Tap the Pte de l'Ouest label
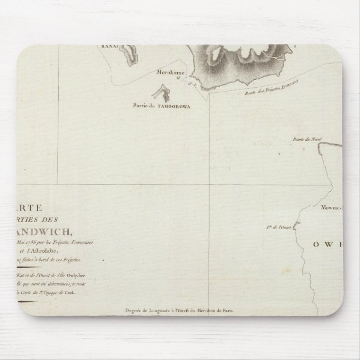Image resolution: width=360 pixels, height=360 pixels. click(x=277, y=228)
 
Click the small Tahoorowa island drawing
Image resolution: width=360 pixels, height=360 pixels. click(x=164, y=93)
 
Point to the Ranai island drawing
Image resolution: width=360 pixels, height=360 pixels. click(x=130, y=54)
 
